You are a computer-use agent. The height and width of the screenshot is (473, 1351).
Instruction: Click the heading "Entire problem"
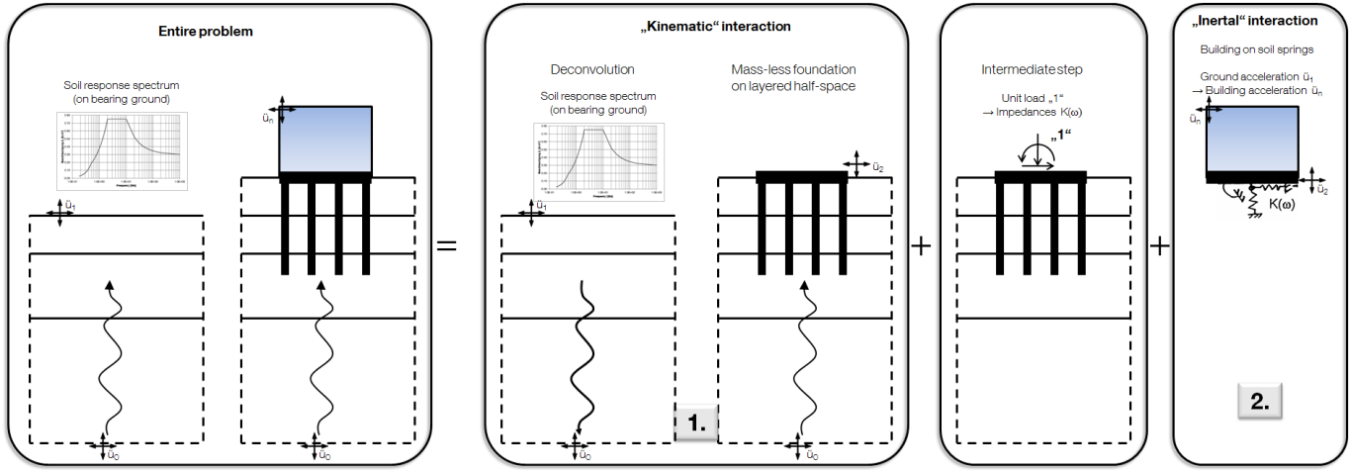pos(206,31)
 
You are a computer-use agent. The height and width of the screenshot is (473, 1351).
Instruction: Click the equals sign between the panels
pos(447,243)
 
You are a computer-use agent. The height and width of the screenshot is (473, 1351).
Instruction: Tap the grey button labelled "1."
pos(696,423)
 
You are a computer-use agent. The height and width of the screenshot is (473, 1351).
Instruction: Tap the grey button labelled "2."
pos(1260,402)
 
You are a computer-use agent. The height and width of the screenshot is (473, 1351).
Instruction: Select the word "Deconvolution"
pos(592,70)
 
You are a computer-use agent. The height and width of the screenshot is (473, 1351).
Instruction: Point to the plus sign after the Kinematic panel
pos(921,245)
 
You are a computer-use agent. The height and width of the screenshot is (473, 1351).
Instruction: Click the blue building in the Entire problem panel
pos(325,138)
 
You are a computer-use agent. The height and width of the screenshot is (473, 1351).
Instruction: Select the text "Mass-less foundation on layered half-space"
pos(793,77)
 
